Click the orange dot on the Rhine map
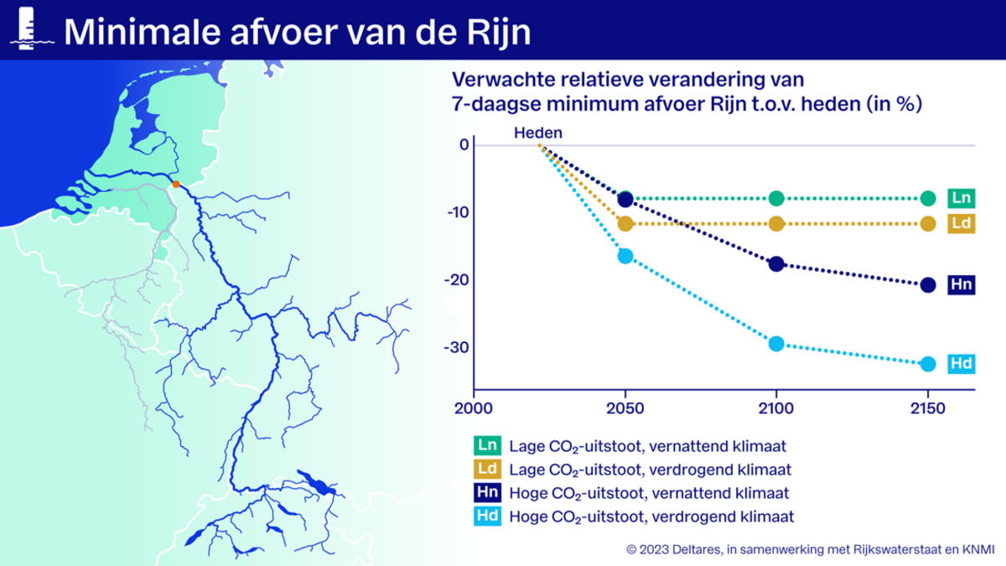tap(176, 184)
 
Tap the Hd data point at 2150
tap(928, 364)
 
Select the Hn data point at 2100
tap(776, 263)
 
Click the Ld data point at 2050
tap(625, 224)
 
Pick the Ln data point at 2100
tap(776, 198)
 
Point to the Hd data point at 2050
tap(625, 256)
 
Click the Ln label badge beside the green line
tap(962, 198)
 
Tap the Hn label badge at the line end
tap(962, 285)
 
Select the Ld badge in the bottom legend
tap(487, 470)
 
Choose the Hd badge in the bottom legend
tap(487, 517)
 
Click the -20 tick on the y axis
tap(457, 280)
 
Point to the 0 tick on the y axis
tap(464, 144)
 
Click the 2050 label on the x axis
tap(625, 409)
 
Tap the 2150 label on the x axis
tap(928, 409)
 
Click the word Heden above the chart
tap(538, 133)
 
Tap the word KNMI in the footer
tap(978, 550)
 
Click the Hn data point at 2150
tap(928, 285)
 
